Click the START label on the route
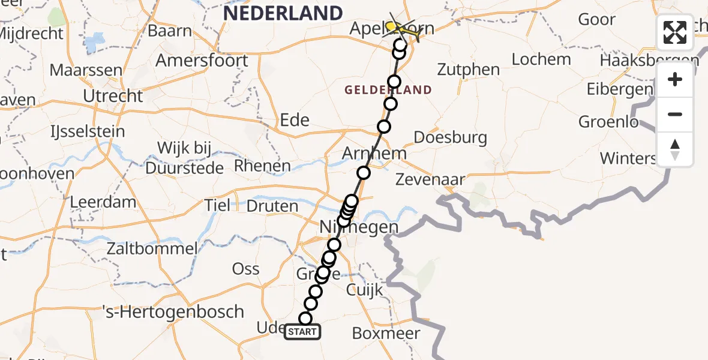coord(302,332)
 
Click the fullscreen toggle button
coord(675,32)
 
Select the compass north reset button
coord(675,149)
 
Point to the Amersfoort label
coord(202,61)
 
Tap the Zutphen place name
coord(469,70)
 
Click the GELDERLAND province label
coord(388,90)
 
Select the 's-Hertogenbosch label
coord(172,312)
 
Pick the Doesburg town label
coord(450,137)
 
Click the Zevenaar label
coord(431,179)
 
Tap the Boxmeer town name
coord(386,334)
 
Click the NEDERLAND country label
coord(284,13)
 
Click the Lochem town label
coord(541,59)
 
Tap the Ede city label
coord(295,120)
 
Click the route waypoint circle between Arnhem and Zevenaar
coord(364,173)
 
